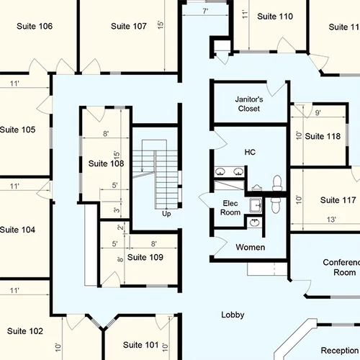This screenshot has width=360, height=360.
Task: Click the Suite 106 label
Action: (x=35, y=26)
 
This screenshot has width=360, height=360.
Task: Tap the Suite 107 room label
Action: (x=129, y=26)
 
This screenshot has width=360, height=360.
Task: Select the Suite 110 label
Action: (x=275, y=17)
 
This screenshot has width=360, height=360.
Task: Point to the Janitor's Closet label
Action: (x=248, y=104)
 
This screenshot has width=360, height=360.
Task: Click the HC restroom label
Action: (x=250, y=152)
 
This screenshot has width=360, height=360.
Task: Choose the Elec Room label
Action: (x=230, y=207)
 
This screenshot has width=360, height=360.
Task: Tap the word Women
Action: (x=251, y=247)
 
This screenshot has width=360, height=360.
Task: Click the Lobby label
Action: (x=233, y=315)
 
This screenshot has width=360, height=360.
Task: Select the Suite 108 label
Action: (x=106, y=163)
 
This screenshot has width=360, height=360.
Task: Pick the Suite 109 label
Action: (x=145, y=257)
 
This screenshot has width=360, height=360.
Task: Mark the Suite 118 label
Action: (x=323, y=136)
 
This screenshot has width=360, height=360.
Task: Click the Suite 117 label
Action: (x=338, y=200)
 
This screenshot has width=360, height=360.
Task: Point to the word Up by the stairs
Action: (x=166, y=214)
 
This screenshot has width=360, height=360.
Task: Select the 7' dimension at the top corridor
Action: (x=205, y=12)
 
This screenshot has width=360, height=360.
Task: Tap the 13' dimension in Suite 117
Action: (x=332, y=219)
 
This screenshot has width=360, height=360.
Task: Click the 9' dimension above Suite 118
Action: (x=318, y=113)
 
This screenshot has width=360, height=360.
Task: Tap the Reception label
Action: (x=339, y=350)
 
